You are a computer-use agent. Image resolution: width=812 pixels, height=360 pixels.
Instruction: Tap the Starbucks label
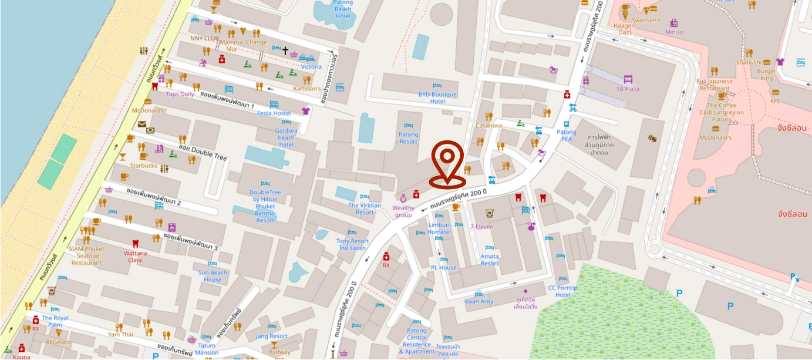[x=144, y=166]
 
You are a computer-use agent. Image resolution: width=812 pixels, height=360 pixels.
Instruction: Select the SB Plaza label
[x=628, y=89]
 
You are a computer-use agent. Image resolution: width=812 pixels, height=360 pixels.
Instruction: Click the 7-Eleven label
[x=481, y=227]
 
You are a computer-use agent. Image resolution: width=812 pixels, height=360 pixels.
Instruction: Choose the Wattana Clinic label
[x=136, y=257]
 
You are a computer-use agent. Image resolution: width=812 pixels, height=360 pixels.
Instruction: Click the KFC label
[x=776, y=101]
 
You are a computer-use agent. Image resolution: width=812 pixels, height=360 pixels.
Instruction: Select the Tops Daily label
[x=180, y=94]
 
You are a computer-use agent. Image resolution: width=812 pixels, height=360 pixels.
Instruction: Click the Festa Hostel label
[x=274, y=113]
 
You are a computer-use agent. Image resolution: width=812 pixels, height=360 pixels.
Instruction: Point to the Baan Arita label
[x=479, y=301]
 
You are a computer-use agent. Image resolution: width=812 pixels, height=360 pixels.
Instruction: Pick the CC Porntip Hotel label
[x=563, y=291]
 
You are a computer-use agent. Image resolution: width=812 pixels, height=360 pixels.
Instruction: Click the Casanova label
[x=488, y=126]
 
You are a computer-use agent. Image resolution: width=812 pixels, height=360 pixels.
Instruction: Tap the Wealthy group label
[x=403, y=211]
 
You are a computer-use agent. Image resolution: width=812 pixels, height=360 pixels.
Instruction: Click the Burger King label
[x=767, y=75]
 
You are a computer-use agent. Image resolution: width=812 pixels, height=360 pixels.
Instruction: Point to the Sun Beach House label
[x=213, y=276]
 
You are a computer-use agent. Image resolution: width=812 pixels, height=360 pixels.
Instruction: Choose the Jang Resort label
[x=271, y=336]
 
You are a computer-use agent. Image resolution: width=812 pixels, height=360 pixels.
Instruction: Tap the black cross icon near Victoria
[x=285, y=51]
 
